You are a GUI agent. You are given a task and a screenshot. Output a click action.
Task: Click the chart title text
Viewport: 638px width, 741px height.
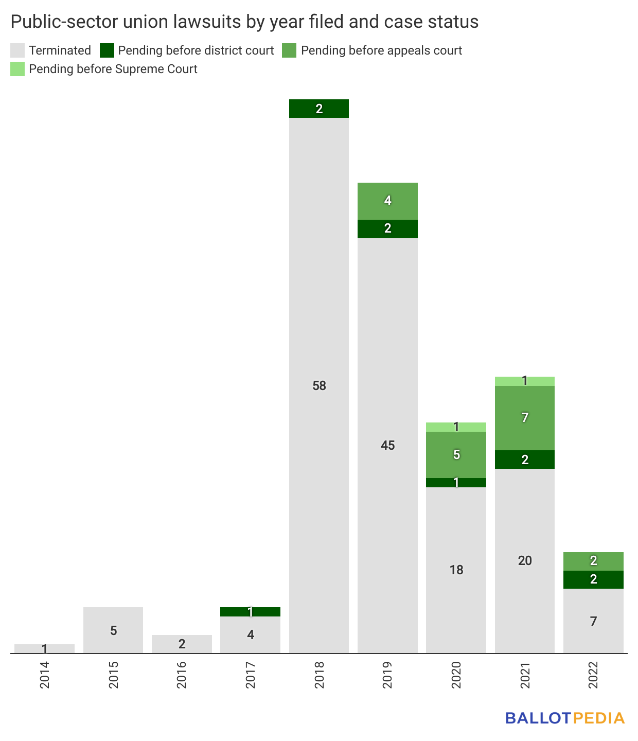[244, 22]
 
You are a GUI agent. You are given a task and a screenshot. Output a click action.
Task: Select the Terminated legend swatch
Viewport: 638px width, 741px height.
[17, 50]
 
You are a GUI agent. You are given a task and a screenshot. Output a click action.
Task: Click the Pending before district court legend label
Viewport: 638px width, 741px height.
[196, 50]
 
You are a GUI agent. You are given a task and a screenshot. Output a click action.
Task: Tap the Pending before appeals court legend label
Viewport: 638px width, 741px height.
[381, 50]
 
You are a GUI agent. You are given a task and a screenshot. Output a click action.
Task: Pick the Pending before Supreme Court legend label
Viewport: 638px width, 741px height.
[113, 69]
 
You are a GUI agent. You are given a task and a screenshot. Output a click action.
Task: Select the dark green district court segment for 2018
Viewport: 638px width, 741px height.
[319, 109]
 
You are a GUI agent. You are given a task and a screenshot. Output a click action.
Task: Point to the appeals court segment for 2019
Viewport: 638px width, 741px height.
[387, 201]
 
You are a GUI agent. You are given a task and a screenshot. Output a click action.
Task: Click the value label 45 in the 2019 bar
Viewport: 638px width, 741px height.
[387, 446]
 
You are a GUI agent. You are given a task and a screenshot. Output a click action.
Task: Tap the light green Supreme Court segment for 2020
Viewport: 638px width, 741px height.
[456, 427]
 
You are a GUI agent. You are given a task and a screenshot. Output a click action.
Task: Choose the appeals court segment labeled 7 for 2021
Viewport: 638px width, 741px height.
[525, 418]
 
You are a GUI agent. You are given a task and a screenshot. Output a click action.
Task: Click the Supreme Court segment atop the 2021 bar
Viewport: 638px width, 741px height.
[525, 381]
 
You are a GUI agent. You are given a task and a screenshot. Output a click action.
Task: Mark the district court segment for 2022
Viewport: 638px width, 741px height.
[593, 579]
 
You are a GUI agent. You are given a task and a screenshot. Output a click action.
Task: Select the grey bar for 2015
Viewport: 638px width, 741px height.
[113, 630]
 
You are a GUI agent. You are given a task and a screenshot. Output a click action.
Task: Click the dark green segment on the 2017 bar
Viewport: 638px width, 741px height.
[251, 612]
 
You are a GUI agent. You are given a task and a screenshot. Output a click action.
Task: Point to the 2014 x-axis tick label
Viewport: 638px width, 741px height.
[45, 675]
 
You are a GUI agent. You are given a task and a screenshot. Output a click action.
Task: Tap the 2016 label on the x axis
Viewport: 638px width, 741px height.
[182, 675]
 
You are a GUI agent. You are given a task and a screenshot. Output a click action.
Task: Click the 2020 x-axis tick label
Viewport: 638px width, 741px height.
[456, 675]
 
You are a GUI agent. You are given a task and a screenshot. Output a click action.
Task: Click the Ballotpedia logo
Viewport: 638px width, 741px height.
[564, 718]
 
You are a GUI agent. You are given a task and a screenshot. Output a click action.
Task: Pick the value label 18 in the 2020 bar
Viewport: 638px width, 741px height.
[456, 570]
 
